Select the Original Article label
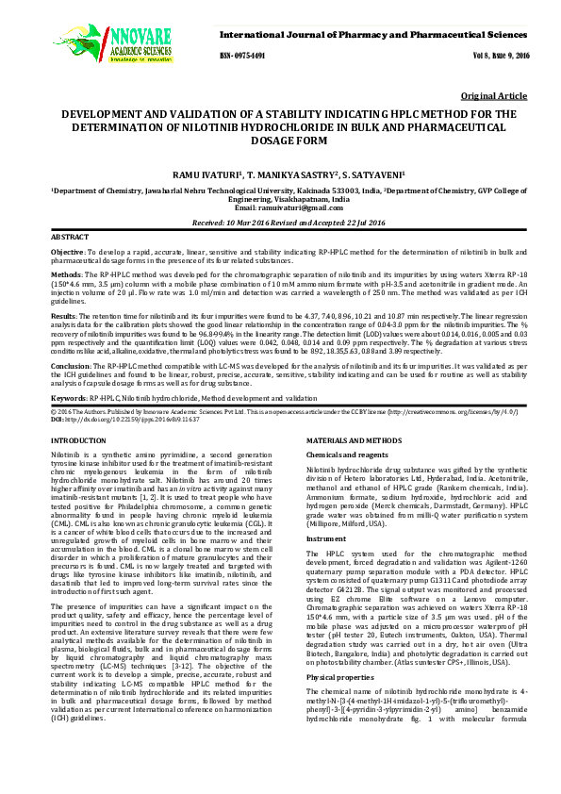click(x=493, y=96)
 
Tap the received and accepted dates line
click(x=280, y=223)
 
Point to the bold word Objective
click(x=67, y=254)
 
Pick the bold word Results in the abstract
click(x=63, y=317)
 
